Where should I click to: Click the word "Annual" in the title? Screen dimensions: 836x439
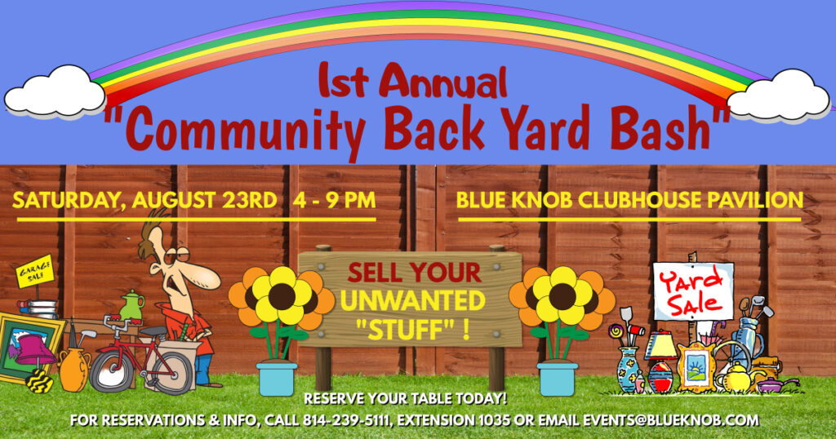point(446,82)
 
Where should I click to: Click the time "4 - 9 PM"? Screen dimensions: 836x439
point(334,200)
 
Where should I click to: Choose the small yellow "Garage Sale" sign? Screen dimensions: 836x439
point(35,272)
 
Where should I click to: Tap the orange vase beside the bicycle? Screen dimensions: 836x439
point(73,369)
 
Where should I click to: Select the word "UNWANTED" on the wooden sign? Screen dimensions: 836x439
point(412,301)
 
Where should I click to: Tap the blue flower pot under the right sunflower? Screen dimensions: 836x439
point(557,379)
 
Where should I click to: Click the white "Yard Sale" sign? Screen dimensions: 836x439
point(693,291)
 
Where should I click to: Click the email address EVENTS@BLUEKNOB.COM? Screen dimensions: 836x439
point(670,419)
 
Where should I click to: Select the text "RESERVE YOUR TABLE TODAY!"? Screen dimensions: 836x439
point(405,398)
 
